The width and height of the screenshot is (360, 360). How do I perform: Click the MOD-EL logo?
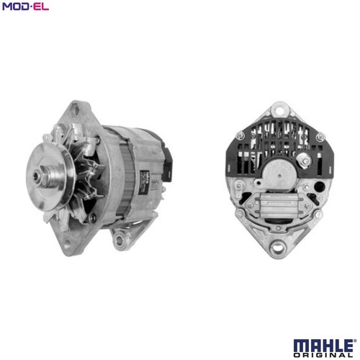(x=25, y=6)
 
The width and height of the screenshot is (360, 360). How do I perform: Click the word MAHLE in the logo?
(x=323, y=346)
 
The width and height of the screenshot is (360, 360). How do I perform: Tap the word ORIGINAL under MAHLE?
(x=323, y=355)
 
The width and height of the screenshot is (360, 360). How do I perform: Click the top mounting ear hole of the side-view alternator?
(x=76, y=111)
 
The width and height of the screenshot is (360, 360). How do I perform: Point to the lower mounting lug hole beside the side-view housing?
(x=119, y=238)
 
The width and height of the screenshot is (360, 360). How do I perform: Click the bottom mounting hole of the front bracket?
(x=67, y=243)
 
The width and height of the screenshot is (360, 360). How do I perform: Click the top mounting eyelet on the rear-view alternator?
(x=279, y=111)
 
